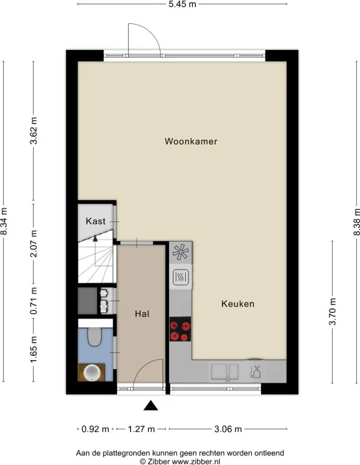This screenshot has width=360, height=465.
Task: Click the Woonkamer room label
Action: point(190,141)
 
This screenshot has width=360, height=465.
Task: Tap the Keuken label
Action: point(238,304)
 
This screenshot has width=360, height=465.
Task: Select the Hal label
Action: point(142,313)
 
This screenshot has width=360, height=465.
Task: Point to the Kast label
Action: point(95,221)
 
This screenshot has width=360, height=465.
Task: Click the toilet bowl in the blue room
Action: point(95,337)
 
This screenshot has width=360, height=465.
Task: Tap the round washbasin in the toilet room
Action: point(91,372)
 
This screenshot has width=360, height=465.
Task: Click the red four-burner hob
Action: point(180,329)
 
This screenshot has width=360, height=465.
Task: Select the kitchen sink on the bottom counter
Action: point(225,372)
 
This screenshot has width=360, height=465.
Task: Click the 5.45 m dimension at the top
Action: point(183,4)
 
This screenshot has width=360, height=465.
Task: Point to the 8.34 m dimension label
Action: point(3,221)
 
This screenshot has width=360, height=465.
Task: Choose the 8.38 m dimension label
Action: point(356,222)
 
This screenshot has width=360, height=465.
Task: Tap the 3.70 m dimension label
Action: point(332,312)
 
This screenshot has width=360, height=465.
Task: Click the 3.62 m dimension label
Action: point(34,130)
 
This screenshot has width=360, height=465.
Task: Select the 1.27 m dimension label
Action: point(141,429)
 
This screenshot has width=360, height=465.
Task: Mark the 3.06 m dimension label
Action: point(228,429)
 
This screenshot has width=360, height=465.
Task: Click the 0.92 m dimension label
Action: point(95,429)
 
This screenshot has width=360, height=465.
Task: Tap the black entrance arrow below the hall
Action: point(151,405)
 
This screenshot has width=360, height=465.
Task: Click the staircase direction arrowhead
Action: point(95,238)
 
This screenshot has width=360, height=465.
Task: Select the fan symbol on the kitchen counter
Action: point(181,252)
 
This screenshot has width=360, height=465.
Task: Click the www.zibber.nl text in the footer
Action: point(196,462)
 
